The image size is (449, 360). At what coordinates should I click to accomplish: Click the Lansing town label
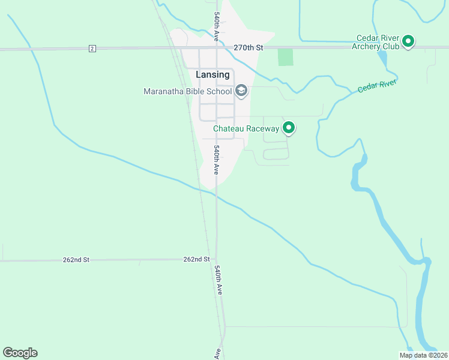click(212, 74)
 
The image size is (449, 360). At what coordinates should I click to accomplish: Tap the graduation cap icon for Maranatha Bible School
click(241, 91)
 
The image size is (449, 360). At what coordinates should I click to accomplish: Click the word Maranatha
click(166, 92)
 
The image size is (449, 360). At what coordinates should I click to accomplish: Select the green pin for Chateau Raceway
click(289, 127)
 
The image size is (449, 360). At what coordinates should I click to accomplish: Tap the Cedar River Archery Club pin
click(408, 41)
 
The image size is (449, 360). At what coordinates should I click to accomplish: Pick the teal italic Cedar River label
click(377, 85)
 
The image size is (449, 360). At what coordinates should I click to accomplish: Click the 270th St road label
click(248, 47)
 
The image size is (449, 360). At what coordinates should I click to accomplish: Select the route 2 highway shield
click(92, 48)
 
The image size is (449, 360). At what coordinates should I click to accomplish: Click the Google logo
click(20, 353)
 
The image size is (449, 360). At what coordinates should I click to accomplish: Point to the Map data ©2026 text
click(423, 355)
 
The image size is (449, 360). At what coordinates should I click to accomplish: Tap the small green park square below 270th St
click(286, 58)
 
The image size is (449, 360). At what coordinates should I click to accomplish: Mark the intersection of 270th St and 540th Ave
click(217, 47)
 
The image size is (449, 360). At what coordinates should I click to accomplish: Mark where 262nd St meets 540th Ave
click(217, 260)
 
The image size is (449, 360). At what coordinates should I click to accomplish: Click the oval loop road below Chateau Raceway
click(276, 154)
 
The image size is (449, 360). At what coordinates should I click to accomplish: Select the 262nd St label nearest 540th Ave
click(196, 259)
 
